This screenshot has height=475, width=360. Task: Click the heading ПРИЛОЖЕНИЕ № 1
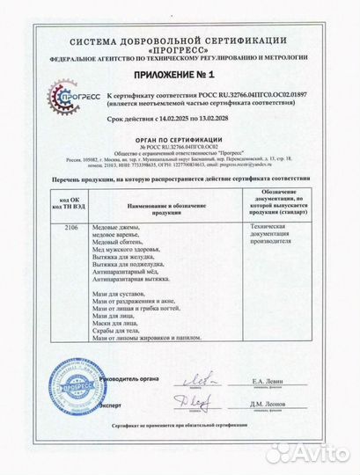pyautogui.click(x=181, y=78)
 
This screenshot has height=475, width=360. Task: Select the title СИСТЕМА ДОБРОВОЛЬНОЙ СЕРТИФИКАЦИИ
pyautogui.click(x=180, y=41)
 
